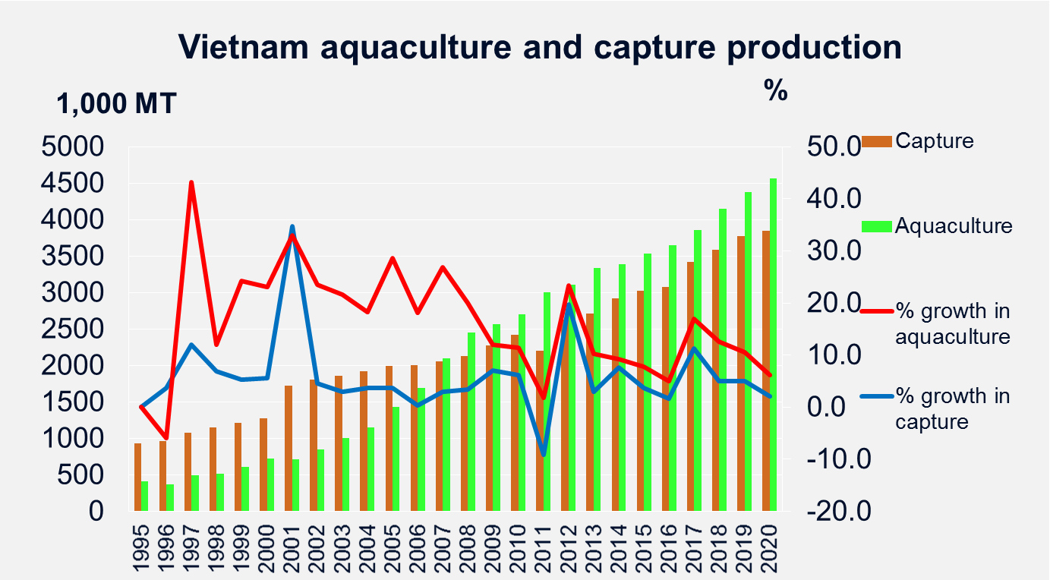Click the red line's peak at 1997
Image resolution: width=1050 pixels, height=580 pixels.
[x=191, y=182]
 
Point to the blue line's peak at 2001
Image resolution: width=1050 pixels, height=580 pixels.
[x=292, y=226]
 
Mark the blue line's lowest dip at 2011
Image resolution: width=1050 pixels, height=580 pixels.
[x=544, y=454]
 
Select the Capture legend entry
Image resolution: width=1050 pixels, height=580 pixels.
[x=934, y=140]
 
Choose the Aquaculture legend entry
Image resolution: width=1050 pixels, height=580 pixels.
[x=954, y=225]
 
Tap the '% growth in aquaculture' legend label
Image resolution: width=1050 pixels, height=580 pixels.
[x=953, y=323]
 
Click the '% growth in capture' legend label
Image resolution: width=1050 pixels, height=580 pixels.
[x=953, y=408]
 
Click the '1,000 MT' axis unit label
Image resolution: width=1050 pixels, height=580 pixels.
[x=115, y=104]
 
